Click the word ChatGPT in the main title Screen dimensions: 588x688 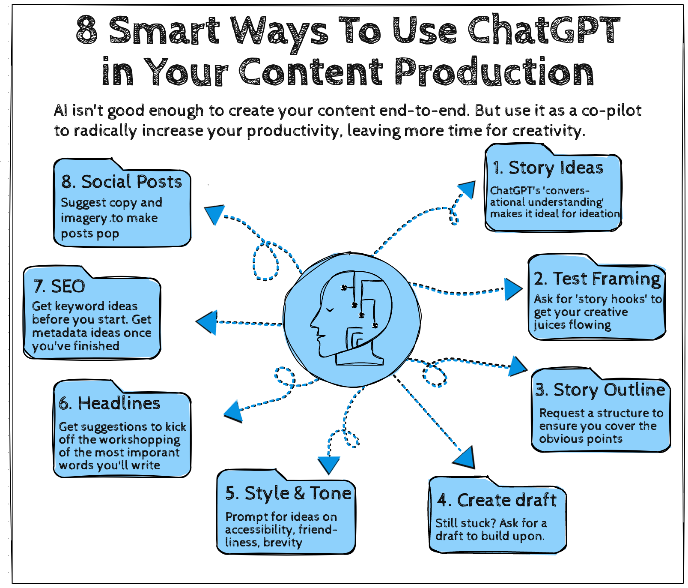544,30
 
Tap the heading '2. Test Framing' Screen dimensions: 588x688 597,279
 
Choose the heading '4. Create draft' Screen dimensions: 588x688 497,501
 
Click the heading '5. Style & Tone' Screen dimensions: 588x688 288,494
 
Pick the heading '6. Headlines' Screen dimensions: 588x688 110,404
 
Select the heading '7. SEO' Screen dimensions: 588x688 59,287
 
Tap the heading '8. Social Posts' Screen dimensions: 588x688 122,182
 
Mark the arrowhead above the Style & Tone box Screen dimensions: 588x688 329,464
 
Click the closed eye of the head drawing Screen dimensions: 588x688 329,309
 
